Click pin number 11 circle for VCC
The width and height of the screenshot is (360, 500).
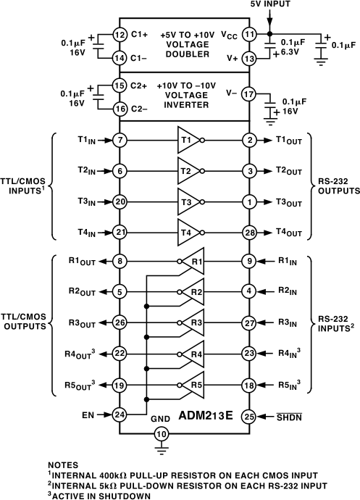(x=248, y=34)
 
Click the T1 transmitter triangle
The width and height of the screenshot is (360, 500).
(x=187, y=140)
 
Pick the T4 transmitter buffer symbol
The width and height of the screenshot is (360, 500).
(x=187, y=232)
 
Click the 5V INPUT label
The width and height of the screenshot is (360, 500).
(x=269, y=5)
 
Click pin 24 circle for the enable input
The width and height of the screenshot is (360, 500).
(x=120, y=415)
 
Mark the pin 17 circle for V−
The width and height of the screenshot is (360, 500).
(x=248, y=93)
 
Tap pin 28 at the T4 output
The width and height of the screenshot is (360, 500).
(x=248, y=232)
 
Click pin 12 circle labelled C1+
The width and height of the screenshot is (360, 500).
(x=120, y=34)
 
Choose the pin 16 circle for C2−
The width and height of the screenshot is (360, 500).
(x=120, y=109)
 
